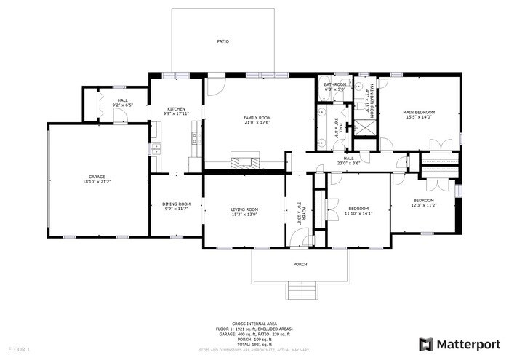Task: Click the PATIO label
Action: pos(223,41)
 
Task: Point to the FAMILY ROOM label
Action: pos(257,118)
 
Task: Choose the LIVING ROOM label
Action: pos(245,209)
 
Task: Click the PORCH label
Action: pos(300,264)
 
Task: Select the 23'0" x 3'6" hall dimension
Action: pos(348,163)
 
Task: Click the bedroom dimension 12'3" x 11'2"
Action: pos(424,205)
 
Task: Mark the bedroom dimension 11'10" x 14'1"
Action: pos(358,213)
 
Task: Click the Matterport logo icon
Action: pos(426,343)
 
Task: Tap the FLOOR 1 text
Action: pos(18,350)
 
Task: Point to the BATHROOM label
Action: pos(335,84)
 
